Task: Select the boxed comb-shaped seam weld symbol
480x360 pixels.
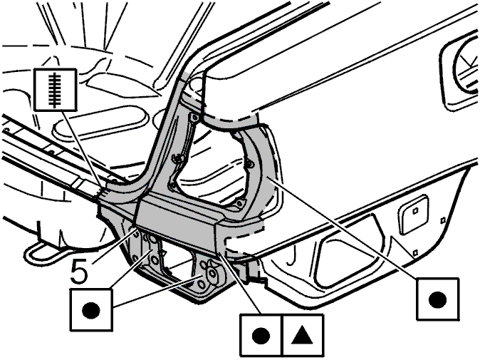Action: pyautogui.click(x=55, y=89)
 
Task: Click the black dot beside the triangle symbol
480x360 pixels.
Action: pyautogui.click(x=261, y=336)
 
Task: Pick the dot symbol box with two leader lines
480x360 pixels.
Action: pyautogui.click(x=91, y=310)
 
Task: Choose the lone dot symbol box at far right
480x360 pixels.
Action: pyautogui.click(x=437, y=299)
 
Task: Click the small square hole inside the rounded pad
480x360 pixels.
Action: pyautogui.click(x=415, y=211)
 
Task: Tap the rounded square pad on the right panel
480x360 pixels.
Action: pyautogui.click(x=413, y=215)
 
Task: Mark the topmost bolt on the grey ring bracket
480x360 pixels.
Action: pyautogui.click(x=194, y=118)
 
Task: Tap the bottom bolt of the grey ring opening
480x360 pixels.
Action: pyautogui.click(x=240, y=203)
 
